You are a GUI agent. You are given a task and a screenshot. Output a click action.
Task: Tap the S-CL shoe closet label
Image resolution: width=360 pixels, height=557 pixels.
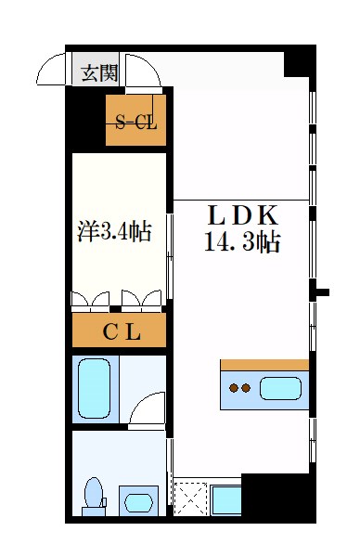(x=135, y=120)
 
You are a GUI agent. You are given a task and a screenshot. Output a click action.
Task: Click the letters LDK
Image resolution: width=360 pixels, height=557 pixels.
(x=241, y=215)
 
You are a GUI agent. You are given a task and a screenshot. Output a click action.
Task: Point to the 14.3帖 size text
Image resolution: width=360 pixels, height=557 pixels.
(x=242, y=244)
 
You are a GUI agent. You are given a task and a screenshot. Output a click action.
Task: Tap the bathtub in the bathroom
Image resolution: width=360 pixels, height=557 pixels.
(x=95, y=388)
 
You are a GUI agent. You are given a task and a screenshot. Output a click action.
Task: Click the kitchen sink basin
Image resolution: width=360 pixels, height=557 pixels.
(x=281, y=388)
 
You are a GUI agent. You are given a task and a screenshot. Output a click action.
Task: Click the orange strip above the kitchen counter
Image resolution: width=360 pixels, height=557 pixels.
(x=264, y=364)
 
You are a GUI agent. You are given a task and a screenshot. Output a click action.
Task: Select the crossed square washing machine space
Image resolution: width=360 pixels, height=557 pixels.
(x=191, y=499)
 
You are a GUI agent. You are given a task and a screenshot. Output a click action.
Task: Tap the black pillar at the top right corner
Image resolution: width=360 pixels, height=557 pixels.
(x=298, y=61)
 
